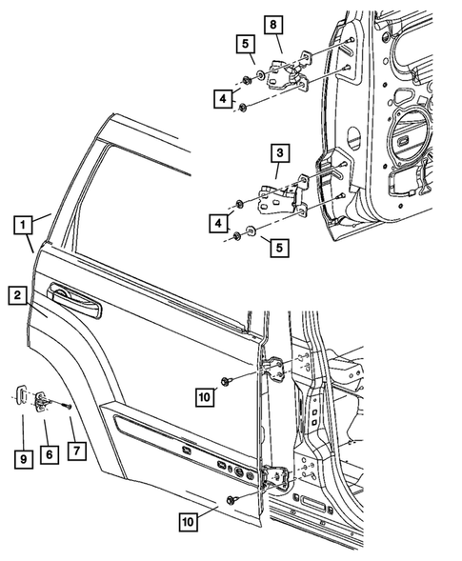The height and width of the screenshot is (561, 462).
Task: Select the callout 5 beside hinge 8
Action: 244,44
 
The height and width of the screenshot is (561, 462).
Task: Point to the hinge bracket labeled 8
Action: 285,72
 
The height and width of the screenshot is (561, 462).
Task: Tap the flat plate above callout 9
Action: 21,396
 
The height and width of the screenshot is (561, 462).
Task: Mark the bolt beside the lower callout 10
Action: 232,498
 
